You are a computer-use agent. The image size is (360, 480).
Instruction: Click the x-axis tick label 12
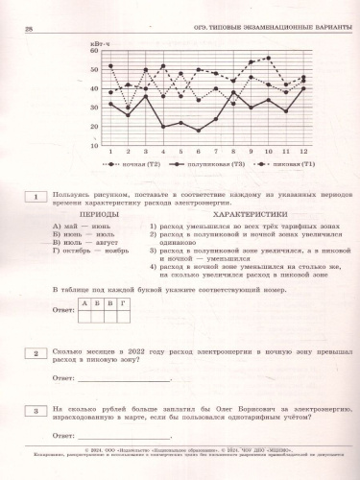(x=303, y=152)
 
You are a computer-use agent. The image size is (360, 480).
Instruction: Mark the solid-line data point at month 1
(x=111, y=104)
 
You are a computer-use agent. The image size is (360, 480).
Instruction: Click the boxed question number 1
(x=36, y=197)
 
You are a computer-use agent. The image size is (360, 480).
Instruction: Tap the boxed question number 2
(x=36, y=353)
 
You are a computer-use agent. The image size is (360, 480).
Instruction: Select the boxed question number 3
(x=36, y=410)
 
